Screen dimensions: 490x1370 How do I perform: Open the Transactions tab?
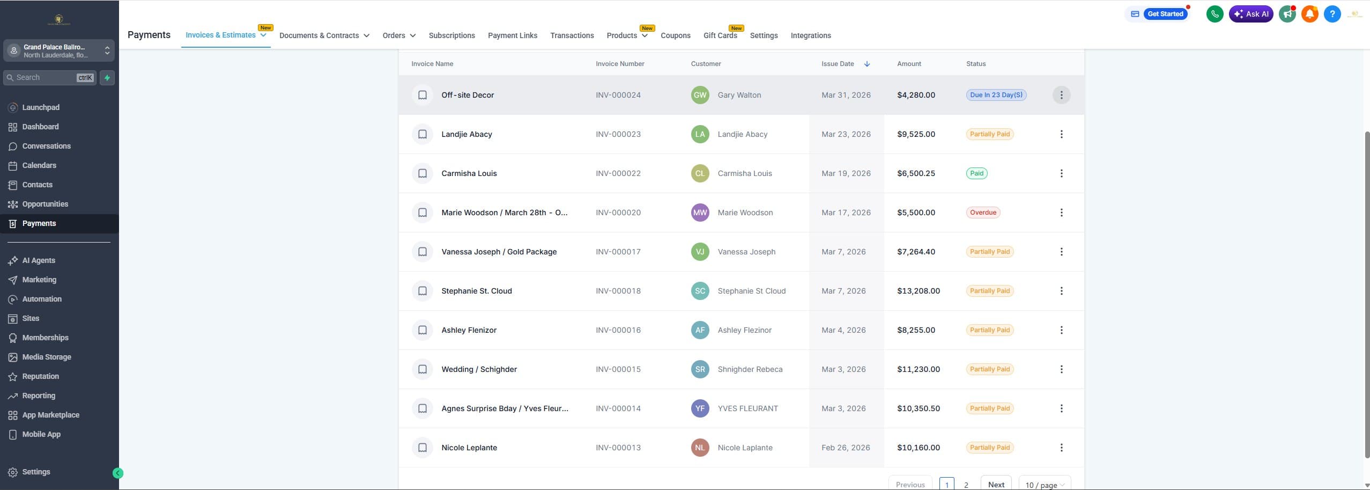[x=572, y=35]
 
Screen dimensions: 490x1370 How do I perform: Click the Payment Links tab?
[x=512, y=35]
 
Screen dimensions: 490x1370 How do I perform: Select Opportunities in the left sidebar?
[x=45, y=204]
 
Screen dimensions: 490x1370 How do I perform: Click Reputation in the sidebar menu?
[x=40, y=376]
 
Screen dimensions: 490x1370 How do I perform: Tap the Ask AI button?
[x=1250, y=14]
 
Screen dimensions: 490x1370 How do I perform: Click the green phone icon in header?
[x=1215, y=14]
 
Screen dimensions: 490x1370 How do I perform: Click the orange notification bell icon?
[x=1309, y=14]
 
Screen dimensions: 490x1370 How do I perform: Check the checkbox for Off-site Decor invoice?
[x=423, y=95]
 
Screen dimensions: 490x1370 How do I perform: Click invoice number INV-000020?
[x=618, y=213]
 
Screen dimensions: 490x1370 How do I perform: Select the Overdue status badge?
[x=982, y=213]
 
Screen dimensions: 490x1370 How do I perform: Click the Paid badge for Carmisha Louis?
[x=976, y=173]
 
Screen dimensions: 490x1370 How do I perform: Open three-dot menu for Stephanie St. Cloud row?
[x=1061, y=291]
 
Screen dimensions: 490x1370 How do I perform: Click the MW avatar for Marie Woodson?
[x=700, y=213]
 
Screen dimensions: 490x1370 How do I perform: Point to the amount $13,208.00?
[x=918, y=291]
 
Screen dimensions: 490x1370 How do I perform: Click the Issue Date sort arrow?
[x=867, y=64]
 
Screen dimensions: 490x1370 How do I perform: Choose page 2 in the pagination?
[x=966, y=484]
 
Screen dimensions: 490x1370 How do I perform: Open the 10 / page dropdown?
[x=1044, y=484]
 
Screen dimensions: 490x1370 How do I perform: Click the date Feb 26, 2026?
[x=845, y=448]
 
